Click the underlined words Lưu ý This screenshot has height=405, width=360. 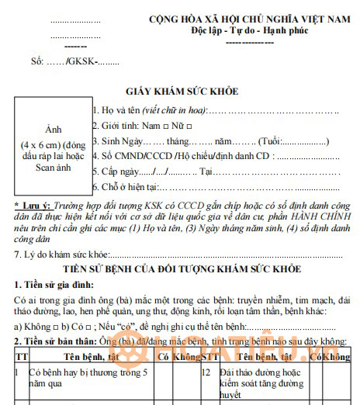(33, 204)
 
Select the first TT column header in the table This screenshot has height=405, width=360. (21, 357)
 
